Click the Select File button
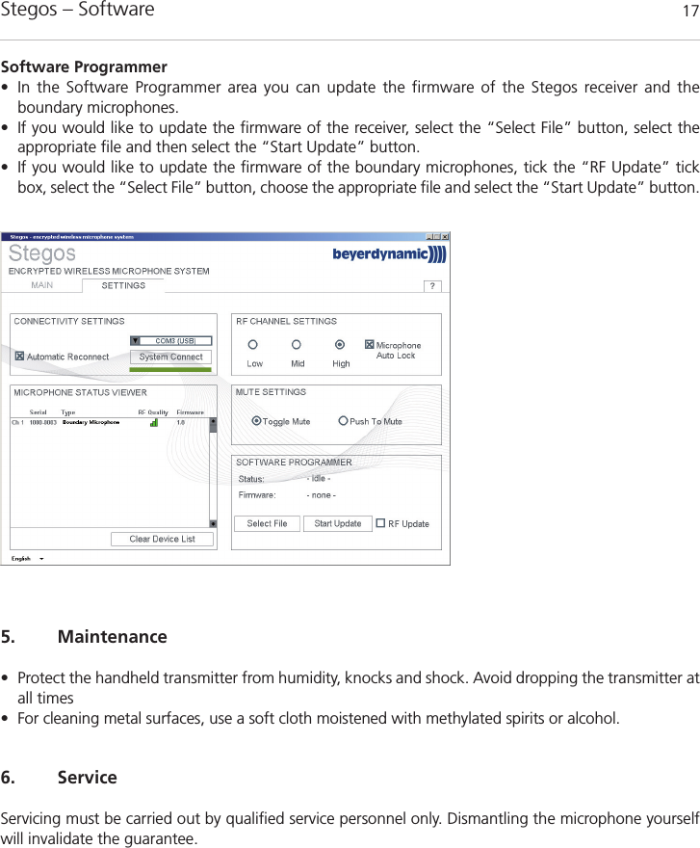pyautogui.click(x=267, y=523)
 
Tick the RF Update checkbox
pyautogui.click(x=380, y=523)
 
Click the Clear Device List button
pyautogui.click(x=162, y=539)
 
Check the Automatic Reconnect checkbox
pyautogui.click(x=19, y=357)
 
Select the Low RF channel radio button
pyautogui.click(x=253, y=345)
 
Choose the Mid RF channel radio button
pyautogui.click(x=297, y=345)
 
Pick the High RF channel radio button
pyautogui.click(x=340, y=345)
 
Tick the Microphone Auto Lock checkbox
pyautogui.click(x=369, y=345)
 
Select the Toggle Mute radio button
pyautogui.click(x=256, y=421)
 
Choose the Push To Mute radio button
pyautogui.click(x=344, y=421)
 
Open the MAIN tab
pyautogui.click(x=42, y=285)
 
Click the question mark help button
pyautogui.click(x=433, y=285)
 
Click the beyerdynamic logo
pyautogui.click(x=389, y=254)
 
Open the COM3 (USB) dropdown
pyautogui.click(x=136, y=340)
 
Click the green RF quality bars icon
pyautogui.click(x=154, y=422)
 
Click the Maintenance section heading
pyautogui.click(x=112, y=637)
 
